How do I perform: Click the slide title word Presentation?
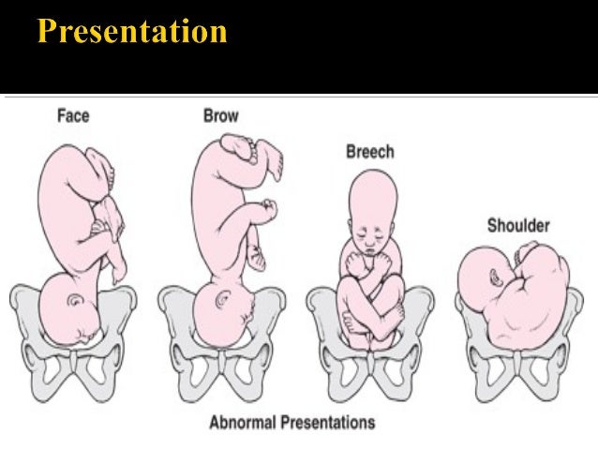132,32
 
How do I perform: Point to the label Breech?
370,151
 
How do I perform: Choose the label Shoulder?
517,225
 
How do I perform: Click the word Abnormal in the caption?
247,422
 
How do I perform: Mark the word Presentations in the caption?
329,422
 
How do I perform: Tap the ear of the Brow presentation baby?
222,300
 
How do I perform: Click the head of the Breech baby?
372,202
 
